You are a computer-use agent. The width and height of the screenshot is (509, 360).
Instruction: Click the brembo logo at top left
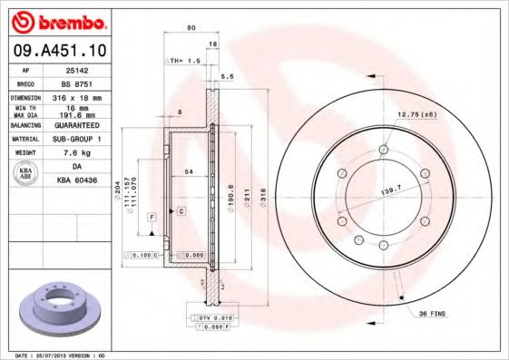(61, 20)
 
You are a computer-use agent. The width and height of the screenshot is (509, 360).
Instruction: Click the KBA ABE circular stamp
(25, 174)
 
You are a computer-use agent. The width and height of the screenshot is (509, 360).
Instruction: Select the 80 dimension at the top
(191, 28)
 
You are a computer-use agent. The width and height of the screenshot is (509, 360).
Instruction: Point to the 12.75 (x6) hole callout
(416, 113)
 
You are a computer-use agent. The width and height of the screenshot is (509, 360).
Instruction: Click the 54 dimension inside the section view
(189, 171)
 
